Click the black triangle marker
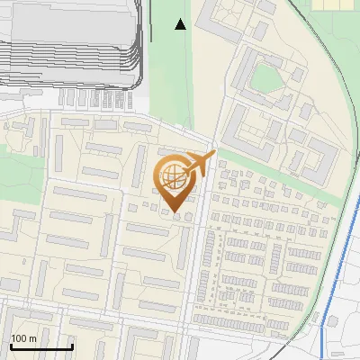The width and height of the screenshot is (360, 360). point(181,24)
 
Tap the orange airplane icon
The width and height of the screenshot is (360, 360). point(200,165)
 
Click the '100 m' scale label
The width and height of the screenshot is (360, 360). point(23,338)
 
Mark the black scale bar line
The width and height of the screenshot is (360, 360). point(40,346)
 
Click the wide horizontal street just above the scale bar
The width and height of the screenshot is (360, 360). point(90,319)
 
